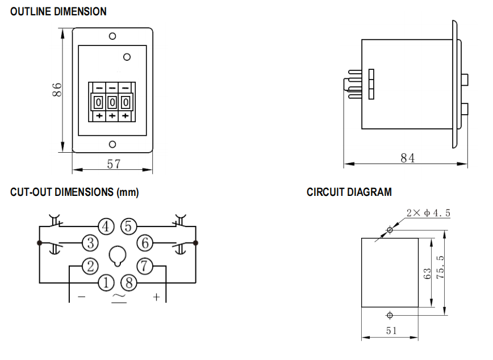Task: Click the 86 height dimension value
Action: pyautogui.click(x=57, y=90)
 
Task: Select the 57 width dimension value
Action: pyautogui.click(x=114, y=164)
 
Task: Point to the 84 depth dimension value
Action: pyautogui.click(x=407, y=158)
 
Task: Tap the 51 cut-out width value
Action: pyautogui.click(x=391, y=330)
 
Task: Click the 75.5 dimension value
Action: pyautogui.click(x=440, y=267)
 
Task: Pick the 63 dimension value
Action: pyautogui.click(x=427, y=274)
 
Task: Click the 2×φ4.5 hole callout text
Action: pyautogui.click(x=428, y=213)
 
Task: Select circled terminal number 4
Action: pyautogui.click(x=106, y=227)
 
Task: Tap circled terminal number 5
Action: pyautogui.click(x=128, y=227)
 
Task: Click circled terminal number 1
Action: pyautogui.click(x=106, y=283)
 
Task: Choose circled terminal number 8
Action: pyautogui.click(x=129, y=283)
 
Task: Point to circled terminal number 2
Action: pyautogui.click(x=90, y=266)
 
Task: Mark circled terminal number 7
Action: pyautogui.click(x=145, y=266)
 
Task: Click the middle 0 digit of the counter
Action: pyautogui.click(x=112, y=102)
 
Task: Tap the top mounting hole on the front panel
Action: pyautogui.click(x=112, y=36)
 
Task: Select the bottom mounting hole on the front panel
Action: pyautogui.click(x=112, y=144)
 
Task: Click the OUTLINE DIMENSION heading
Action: pyautogui.click(x=59, y=11)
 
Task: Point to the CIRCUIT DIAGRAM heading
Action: pyautogui.click(x=349, y=192)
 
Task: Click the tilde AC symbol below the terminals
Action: pyautogui.click(x=119, y=296)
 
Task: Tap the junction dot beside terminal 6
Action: pyautogui.click(x=195, y=242)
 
